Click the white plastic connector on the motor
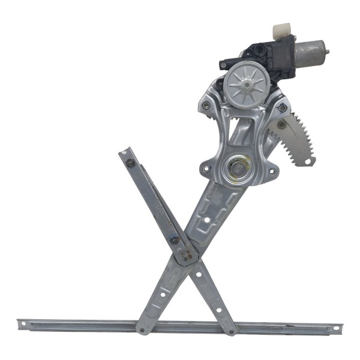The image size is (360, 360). point(283,30)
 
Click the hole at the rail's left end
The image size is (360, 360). point(25,325)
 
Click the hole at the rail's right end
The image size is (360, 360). point(337,328)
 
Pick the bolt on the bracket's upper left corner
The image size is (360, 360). point(206,106)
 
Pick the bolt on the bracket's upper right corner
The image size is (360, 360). point(282,108)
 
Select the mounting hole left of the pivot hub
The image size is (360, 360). point(207,169)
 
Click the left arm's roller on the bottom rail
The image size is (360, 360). point(142,329)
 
